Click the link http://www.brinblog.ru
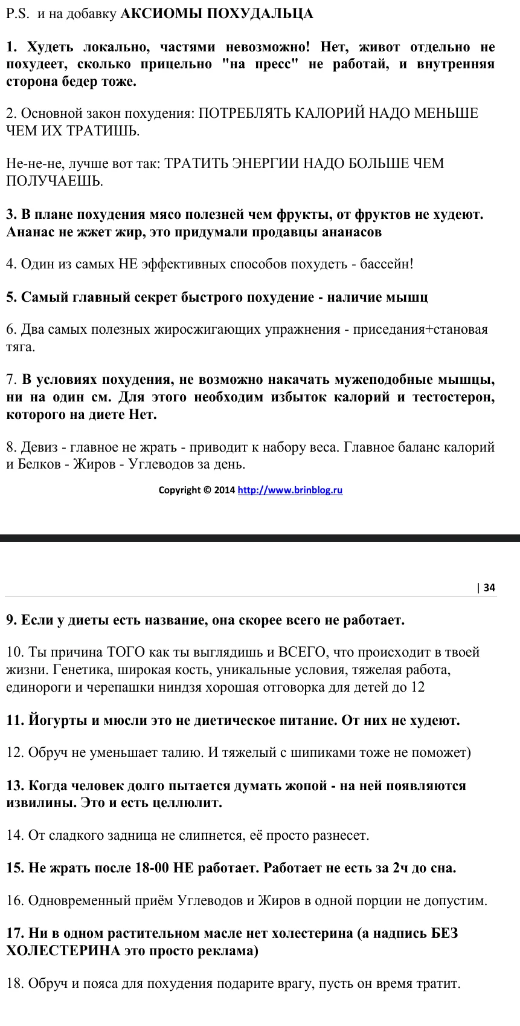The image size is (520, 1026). [290, 490]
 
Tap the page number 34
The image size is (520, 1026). [489, 587]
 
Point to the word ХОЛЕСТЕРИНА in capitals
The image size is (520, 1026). [63, 950]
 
